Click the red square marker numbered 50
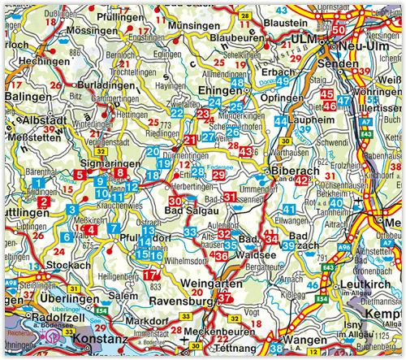[338, 30]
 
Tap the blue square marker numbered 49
[283, 82]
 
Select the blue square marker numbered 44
[280, 122]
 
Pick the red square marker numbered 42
[301, 180]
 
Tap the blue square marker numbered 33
[188, 233]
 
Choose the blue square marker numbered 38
[276, 349]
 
